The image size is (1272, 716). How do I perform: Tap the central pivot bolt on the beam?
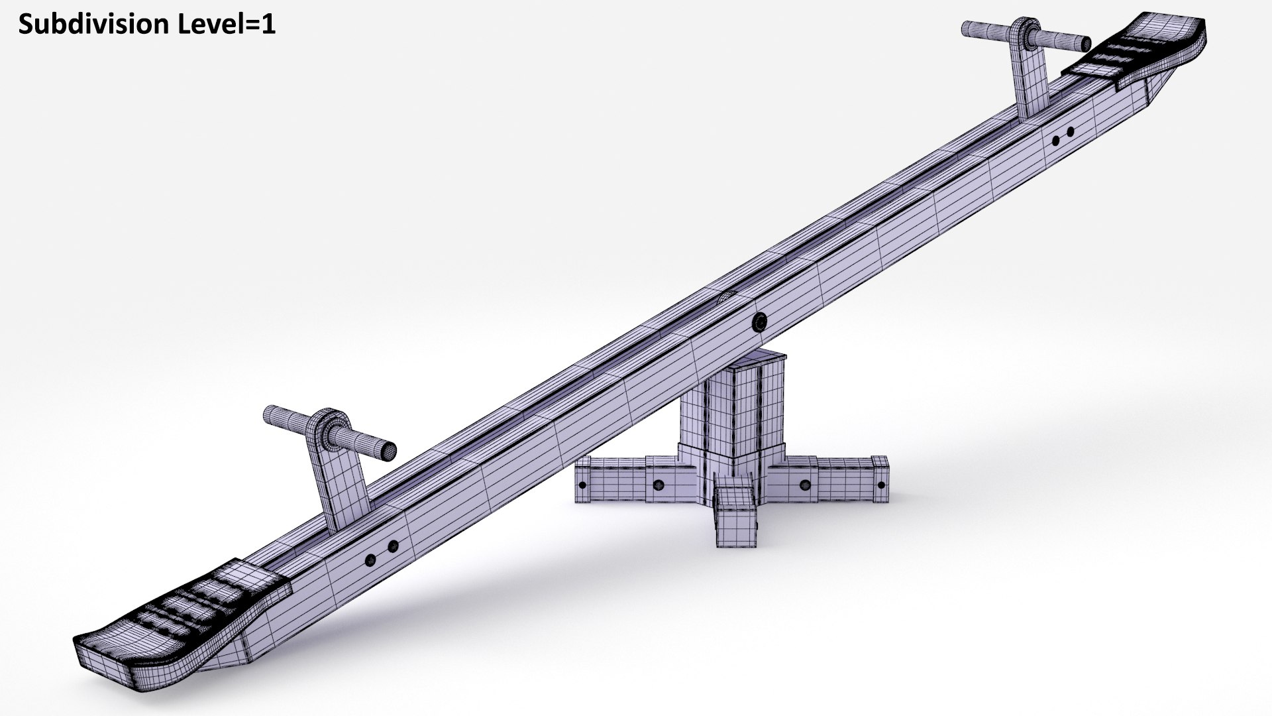759,323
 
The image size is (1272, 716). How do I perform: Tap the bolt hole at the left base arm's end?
582,485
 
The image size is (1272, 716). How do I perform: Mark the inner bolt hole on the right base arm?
805,485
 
